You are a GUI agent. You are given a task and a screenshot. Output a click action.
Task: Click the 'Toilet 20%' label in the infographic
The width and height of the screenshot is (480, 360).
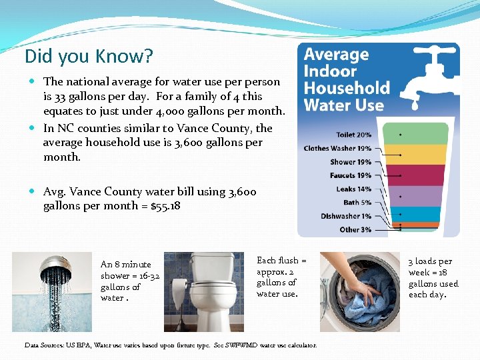(354, 135)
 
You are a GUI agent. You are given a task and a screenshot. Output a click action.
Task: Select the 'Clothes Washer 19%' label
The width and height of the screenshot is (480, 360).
(337, 148)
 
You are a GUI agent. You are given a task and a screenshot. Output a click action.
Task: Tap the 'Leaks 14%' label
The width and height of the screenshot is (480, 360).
(354, 189)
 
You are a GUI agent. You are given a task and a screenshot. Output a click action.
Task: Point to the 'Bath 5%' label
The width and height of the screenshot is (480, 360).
(357, 202)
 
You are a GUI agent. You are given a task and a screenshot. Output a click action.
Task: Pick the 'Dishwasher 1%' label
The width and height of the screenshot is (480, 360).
(346, 216)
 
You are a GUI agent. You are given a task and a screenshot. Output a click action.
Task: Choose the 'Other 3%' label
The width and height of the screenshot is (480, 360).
(355, 229)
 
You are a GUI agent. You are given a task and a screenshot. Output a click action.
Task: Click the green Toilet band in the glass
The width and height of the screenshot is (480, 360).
(420, 134)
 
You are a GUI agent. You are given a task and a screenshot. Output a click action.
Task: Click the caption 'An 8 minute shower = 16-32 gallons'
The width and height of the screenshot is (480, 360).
(130, 281)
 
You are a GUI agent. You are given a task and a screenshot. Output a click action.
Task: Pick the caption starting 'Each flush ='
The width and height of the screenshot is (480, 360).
(281, 277)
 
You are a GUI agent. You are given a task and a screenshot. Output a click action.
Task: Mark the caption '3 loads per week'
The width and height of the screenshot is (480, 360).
(433, 277)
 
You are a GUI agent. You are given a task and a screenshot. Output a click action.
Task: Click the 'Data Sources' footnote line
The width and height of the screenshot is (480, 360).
(171, 345)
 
